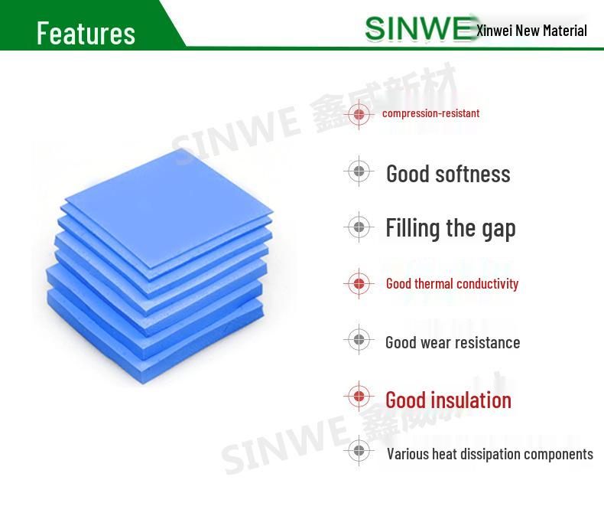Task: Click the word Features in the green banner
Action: point(86,33)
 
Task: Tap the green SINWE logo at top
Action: point(419,28)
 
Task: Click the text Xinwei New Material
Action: point(531,31)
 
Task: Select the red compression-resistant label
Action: point(430,113)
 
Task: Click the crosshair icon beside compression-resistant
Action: point(359,114)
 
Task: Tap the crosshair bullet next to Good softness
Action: point(359,171)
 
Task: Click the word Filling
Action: point(413,228)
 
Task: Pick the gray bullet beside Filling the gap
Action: point(359,227)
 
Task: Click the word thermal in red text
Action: point(434,283)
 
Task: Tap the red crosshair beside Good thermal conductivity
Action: point(359,283)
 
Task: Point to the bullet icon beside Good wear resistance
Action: point(359,339)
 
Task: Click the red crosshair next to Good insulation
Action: point(359,396)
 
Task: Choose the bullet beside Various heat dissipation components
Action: point(359,450)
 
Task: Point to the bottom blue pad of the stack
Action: point(154,339)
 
